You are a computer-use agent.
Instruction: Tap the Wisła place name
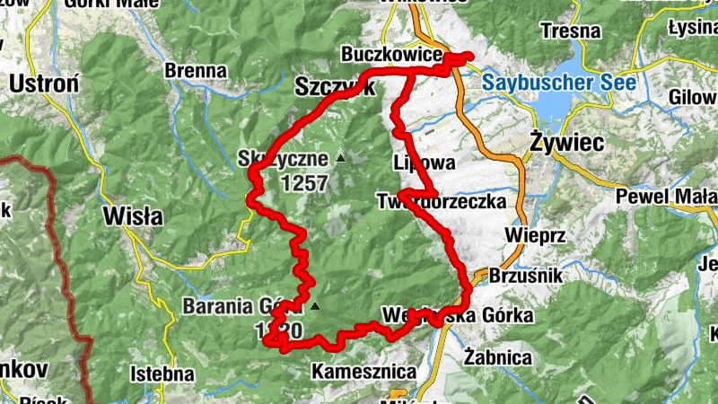133,215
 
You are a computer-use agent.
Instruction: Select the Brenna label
196,70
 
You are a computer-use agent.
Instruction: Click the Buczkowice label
391,56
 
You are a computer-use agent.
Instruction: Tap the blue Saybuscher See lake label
558,83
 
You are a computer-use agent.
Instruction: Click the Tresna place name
571,31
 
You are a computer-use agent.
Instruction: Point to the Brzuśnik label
525,277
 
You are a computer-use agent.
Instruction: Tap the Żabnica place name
498,356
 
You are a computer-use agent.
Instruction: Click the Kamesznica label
363,371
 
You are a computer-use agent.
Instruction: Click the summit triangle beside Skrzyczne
340,159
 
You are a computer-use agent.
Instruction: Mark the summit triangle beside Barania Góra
315,307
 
